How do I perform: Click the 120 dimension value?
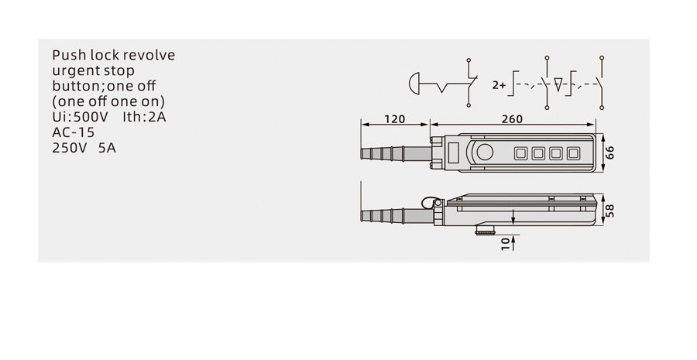click(395, 119)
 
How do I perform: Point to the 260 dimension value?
click(512, 119)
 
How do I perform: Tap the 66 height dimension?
click(610, 153)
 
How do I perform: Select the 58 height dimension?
click(610, 211)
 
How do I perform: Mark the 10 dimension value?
click(506, 244)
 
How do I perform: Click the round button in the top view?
click(485, 152)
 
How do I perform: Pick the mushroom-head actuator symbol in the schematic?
click(414, 83)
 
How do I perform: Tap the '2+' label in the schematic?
click(499, 85)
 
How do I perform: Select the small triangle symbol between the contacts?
click(558, 84)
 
